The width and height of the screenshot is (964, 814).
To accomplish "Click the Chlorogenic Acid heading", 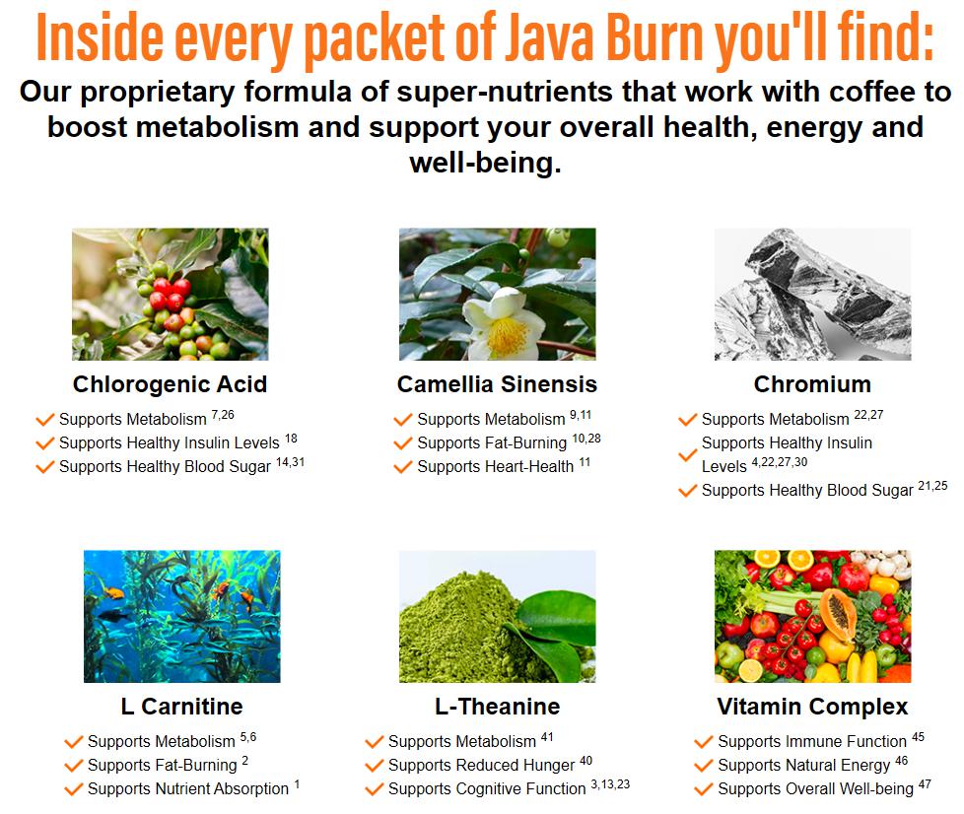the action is coord(170,385).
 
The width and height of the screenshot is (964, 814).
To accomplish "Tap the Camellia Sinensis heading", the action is coord(497,384).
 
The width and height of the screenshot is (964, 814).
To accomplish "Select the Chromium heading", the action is coord(812,384).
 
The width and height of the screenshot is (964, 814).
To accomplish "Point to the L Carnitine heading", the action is coord(181,707).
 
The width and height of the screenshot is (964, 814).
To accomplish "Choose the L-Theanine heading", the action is coord(497,707).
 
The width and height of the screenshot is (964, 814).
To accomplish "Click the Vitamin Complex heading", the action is coord(812,707).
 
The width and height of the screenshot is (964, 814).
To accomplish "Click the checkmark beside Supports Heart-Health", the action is coord(403,467).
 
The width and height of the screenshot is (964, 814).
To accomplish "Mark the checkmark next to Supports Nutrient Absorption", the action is coord(73,789).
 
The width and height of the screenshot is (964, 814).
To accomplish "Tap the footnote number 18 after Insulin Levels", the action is coord(291,439).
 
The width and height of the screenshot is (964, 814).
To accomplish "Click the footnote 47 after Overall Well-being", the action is coord(925,783).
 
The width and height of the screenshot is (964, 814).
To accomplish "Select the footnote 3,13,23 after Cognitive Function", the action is coord(610,784).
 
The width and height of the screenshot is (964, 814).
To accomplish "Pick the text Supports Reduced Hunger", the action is coord(481,766).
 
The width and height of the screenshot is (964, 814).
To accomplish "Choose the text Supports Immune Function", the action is coord(812,741).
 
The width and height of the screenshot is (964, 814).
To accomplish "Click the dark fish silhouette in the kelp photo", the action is coord(114,615).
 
